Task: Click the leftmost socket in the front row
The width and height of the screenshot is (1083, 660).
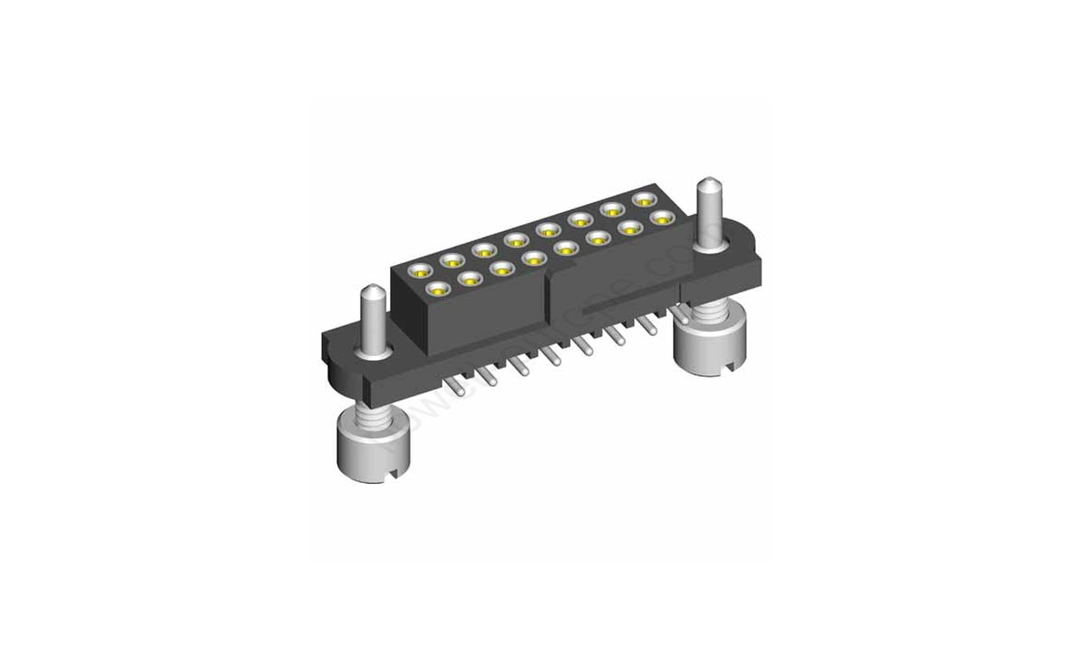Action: pyautogui.click(x=437, y=289)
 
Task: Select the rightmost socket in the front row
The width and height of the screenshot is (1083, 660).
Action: pyautogui.click(x=662, y=217)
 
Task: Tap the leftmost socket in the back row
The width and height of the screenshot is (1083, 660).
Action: pyautogui.click(x=420, y=272)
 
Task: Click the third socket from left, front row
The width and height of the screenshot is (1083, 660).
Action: pyautogui.click(x=502, y=268)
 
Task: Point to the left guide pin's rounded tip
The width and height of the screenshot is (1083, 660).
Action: pyautogui.click(x=373, y=292)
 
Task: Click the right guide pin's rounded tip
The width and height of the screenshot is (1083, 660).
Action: pyautogui.click(x=707, y=183)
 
